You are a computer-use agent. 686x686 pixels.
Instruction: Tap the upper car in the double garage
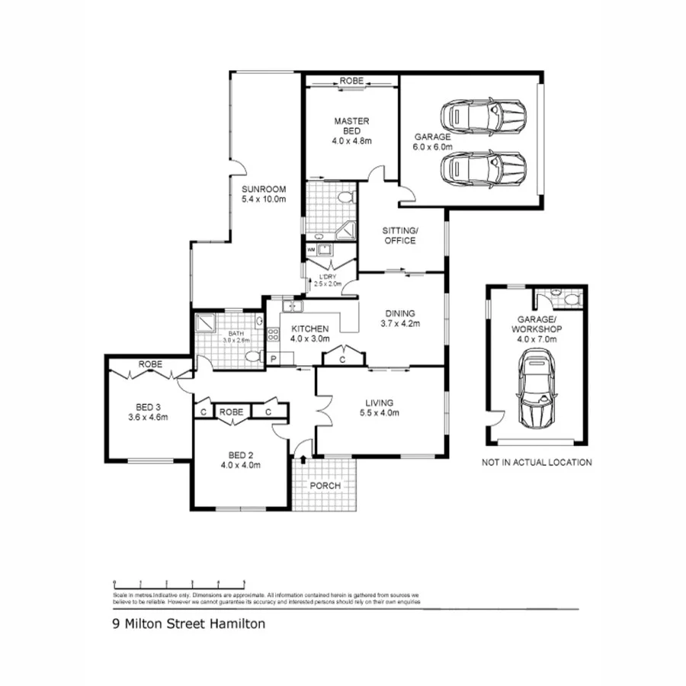click(483, 116)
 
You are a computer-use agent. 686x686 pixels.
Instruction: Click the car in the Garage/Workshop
click(537, 391)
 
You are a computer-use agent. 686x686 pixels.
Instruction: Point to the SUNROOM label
click(263, 190)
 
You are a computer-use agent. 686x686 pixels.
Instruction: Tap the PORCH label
click(325, 486)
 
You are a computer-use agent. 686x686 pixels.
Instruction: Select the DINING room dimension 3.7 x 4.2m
click(400, 323)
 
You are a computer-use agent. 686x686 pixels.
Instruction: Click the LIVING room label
click(379, 402)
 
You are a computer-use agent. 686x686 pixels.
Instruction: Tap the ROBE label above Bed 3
click(150, 365)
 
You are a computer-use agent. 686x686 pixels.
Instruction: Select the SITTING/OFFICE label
click(400, 236)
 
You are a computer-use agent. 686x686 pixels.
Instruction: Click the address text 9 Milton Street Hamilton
click(188, 623)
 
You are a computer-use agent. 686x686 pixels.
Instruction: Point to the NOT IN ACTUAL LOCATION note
click(537, 462)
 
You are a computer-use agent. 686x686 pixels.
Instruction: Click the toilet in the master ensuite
click(347, 198)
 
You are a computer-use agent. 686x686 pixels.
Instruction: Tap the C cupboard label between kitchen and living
click(343, 358)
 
